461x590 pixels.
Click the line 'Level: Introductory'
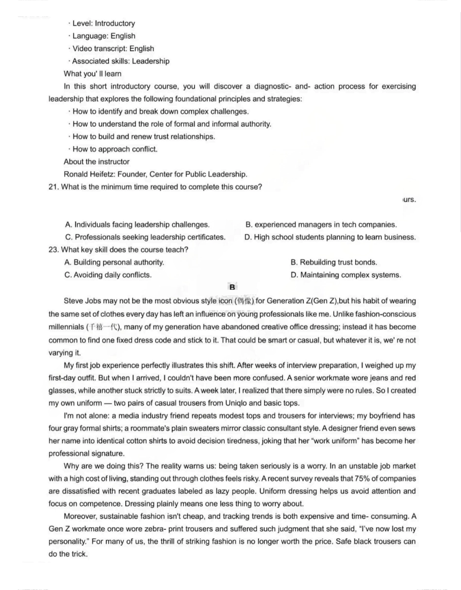click(103, 23)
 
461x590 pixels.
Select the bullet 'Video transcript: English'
click(113, 49)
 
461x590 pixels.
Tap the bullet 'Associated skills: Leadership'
click(120, 61)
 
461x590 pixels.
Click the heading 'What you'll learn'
click(92, 74)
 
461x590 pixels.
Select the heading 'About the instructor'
click(97, 162)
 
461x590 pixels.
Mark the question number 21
click(53, 187)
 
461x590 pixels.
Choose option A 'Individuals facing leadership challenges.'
click(137, 225)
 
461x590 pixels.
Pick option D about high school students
click(330, 237)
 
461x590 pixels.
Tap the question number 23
click(53, 250)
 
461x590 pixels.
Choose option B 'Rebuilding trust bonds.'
click(334, 262)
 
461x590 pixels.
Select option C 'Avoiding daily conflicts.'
click(108, 275)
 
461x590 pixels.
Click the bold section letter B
click(232, 287)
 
